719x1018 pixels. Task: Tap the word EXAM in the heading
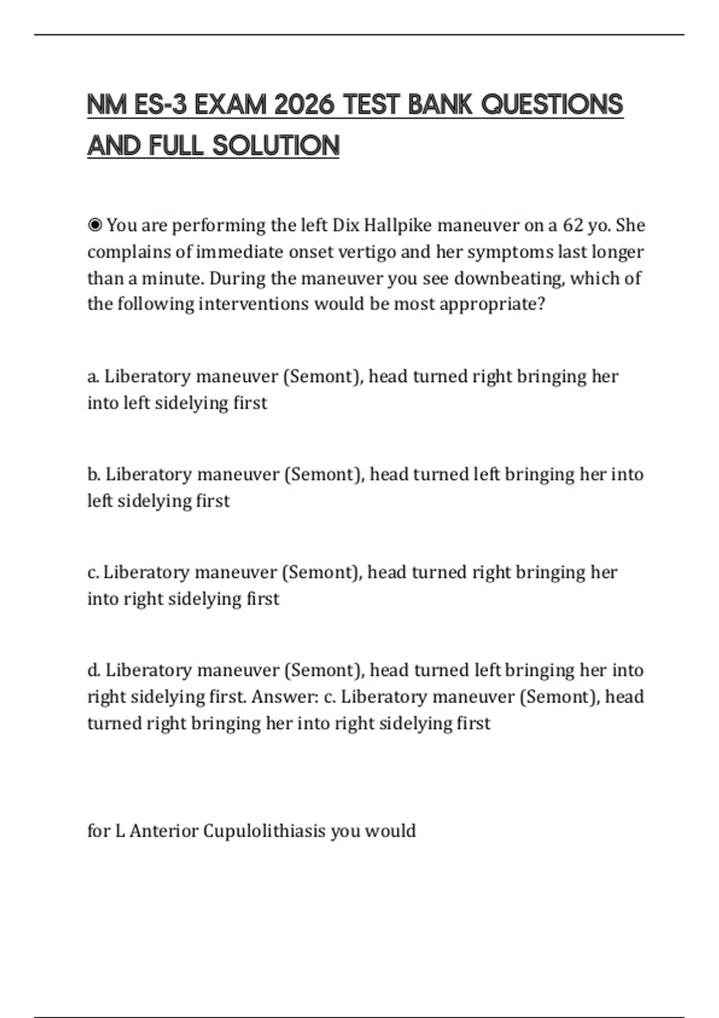[x=230, y=105]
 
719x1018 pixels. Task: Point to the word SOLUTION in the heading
[x=276, y=146]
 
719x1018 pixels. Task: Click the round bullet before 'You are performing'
[x=95, y=225]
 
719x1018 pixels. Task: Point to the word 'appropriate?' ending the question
[x=493, y=304]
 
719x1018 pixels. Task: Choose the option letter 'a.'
[x=93, y=377]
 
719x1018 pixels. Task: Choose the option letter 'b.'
[x=94, y=474]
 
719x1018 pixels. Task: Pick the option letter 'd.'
[x=94, y=670]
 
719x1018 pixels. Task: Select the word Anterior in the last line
[x=164, y=831]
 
